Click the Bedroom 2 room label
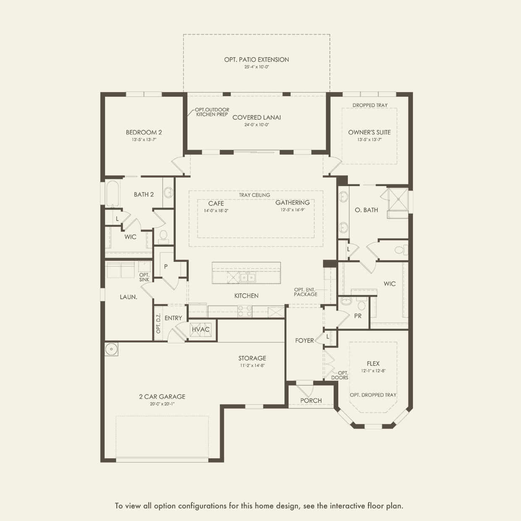[x=144, y=132]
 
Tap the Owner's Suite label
[x=369, y=132]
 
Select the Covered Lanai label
[x=257, y=117]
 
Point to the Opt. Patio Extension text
[x=257, y=60]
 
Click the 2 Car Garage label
[x=162, y=396]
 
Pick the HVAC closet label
[x=200, y=329]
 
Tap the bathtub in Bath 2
[x=112, y=194]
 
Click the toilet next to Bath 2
[x=163, y=237]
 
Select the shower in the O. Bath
[x=398, y=199]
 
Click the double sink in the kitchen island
[x=247, y=277]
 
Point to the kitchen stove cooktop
[x=245, y=311]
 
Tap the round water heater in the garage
[x=111, y=349]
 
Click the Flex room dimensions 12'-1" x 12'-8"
[x=373, y=371]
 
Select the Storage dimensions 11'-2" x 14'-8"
[x=252, y=365]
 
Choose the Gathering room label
[x=292, y=203]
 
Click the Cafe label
[x=216, y=203]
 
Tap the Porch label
[x=311, y=400]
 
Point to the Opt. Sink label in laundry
[x=145, y=277]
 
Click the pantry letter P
[x=166, y=266]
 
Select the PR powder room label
[x=358, y=316]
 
